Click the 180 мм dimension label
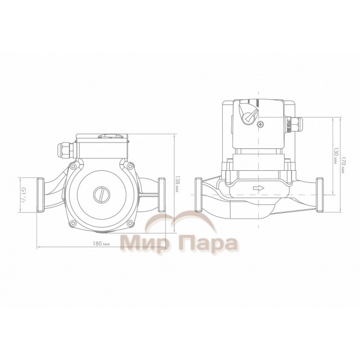coord(101,244)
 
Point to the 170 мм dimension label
coord(343,165)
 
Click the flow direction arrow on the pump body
coord(259,188)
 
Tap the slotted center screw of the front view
coord(101,195)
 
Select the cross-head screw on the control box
coord(261,124)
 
